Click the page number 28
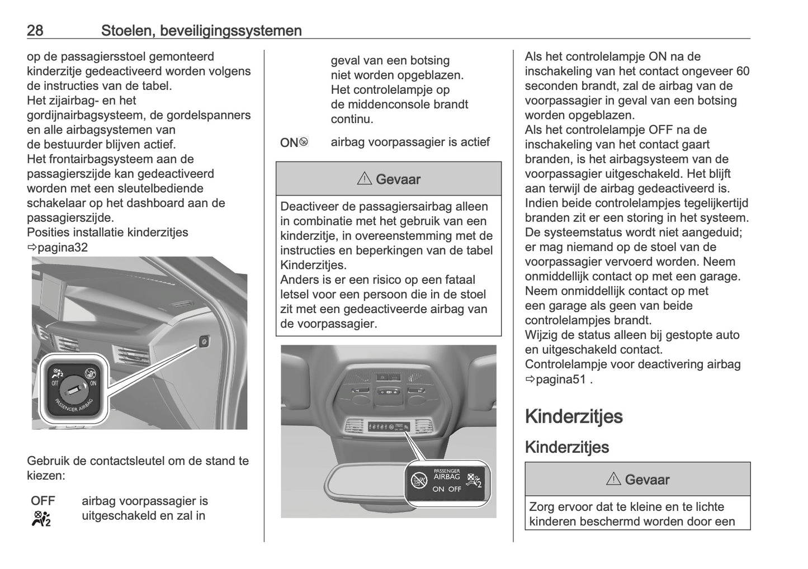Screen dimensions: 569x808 (x=35, y=30)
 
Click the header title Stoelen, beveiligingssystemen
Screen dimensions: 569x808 (x=201, y=30)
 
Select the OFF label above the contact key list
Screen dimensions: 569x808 (x=43, y=501)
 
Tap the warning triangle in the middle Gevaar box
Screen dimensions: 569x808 (x=363, y=179)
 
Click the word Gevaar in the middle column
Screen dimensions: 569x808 (x=398, y=179)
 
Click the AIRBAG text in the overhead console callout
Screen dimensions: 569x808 (x=447, y=477)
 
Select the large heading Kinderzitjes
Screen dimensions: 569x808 (x=574, y=416)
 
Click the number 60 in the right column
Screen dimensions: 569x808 (x=743, y=71)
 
